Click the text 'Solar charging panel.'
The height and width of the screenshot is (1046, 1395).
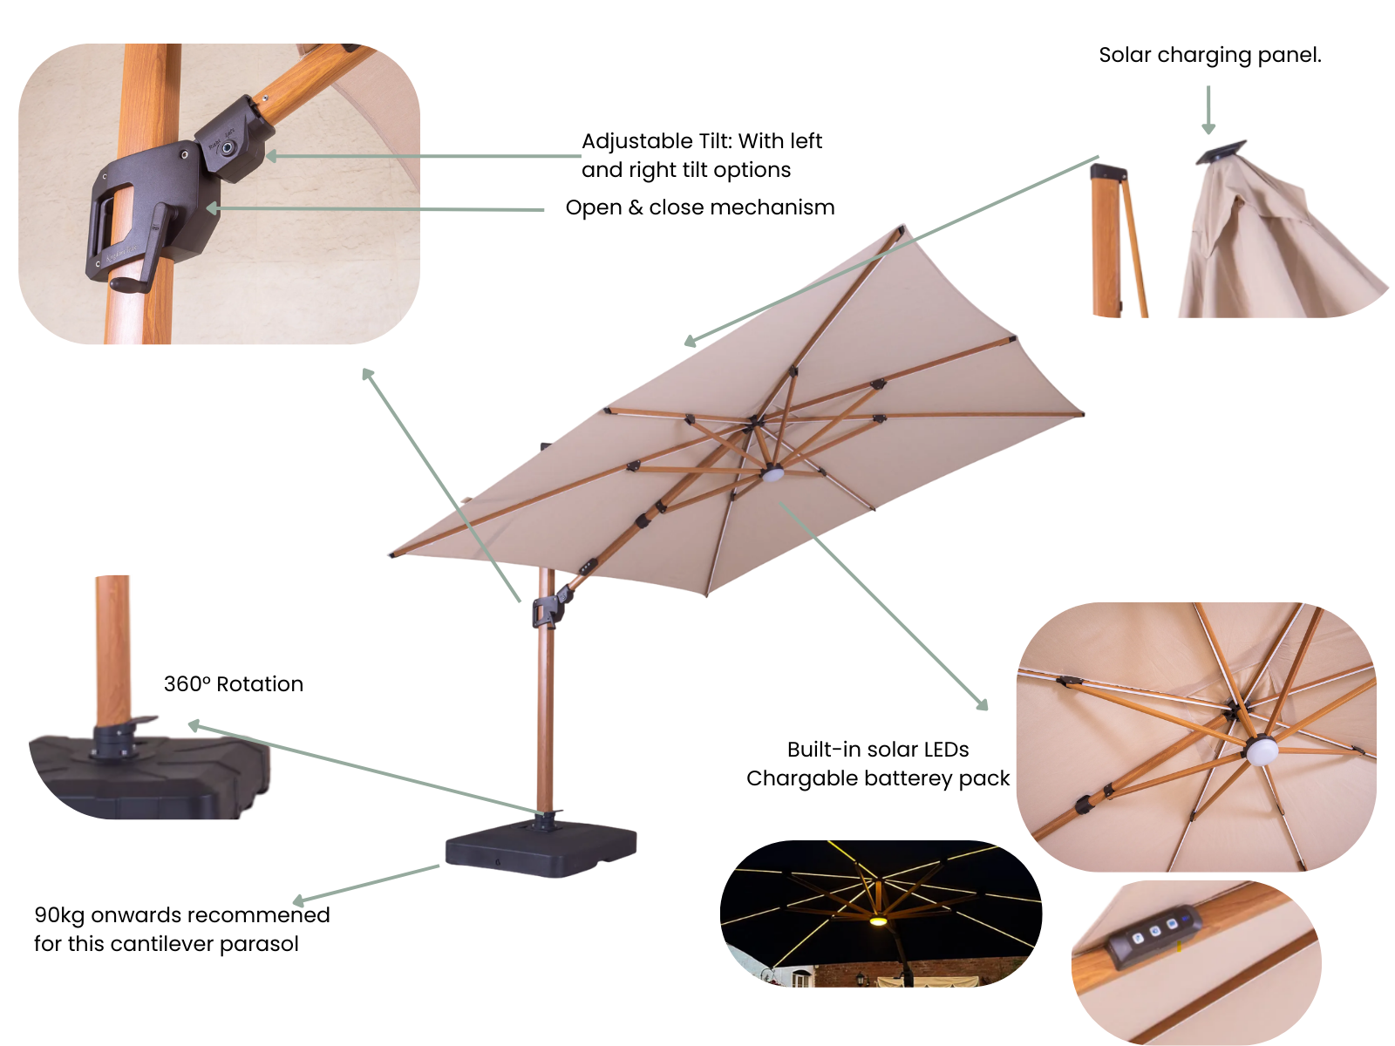[1209, 55]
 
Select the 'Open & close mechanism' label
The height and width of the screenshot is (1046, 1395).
[699, 207]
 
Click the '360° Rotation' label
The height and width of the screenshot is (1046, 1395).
[234, 684]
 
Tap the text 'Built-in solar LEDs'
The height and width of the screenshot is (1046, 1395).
[877, 750]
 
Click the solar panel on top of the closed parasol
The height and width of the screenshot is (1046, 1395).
[1220, 153]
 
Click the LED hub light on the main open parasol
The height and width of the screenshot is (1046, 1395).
[772, 474]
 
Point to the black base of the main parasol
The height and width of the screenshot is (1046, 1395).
[541, 850]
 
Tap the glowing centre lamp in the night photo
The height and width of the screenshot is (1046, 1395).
[878, 920]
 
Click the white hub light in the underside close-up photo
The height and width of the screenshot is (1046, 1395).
[1261, 750]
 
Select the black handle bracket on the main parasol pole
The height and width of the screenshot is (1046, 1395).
[548, 612]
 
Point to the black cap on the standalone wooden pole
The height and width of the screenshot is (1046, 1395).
[1108, 172]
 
